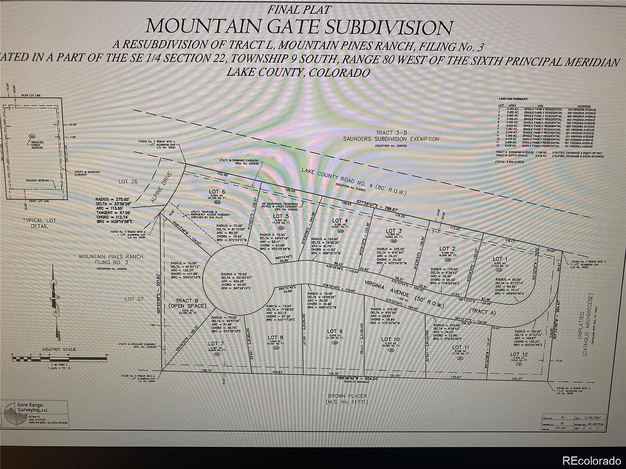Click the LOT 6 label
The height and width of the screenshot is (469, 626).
[x=217, y=192]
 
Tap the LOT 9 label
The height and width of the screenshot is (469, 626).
[x=332, y=331]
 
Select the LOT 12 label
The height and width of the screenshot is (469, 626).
[x=518, y=355]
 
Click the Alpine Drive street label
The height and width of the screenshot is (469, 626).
[x=162, y=188]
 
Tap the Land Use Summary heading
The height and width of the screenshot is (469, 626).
[x=513, y=99]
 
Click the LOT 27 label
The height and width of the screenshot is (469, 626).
[x=134, y=299]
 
